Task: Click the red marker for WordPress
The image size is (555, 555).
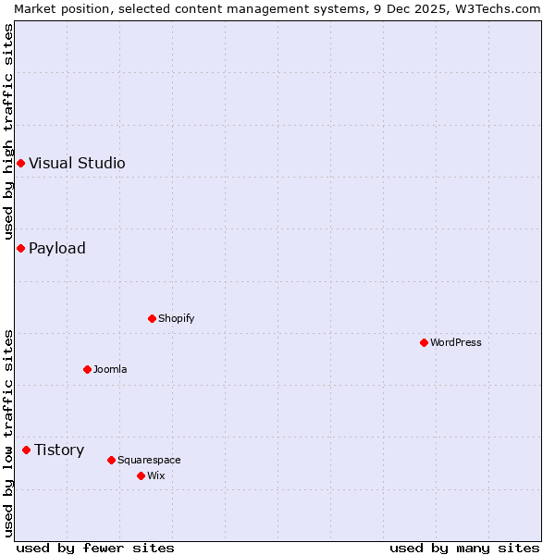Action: tap(424, 342)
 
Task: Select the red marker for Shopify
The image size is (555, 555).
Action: tap(152, 318)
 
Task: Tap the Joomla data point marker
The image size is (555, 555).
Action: tap(87, 369)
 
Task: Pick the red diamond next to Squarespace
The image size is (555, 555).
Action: tap(111, 460)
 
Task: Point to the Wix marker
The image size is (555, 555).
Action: tap(141, 475)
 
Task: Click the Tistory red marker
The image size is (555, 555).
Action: tap(26, 450)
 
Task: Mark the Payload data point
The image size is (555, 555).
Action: tap(20, 248)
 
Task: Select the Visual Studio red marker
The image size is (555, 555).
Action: tap(20, 163)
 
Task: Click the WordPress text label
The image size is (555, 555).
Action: tap(456, 342)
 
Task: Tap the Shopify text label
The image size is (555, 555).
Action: tap(177, 318)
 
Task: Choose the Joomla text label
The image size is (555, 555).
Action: tap(110, 369)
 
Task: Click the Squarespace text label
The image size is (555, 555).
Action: tap(149, 460)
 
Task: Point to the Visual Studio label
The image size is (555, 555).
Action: tap(77, 163)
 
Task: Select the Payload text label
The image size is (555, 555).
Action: tap(57, 248)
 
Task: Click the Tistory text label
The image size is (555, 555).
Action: tap(59, 450)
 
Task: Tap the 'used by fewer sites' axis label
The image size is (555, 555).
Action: tap(95, 548)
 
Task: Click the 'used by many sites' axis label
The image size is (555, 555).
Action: tap(464, 548)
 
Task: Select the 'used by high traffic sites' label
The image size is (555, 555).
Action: tap(8, 131)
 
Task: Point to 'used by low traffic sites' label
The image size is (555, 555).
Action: tap(8, 432)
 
